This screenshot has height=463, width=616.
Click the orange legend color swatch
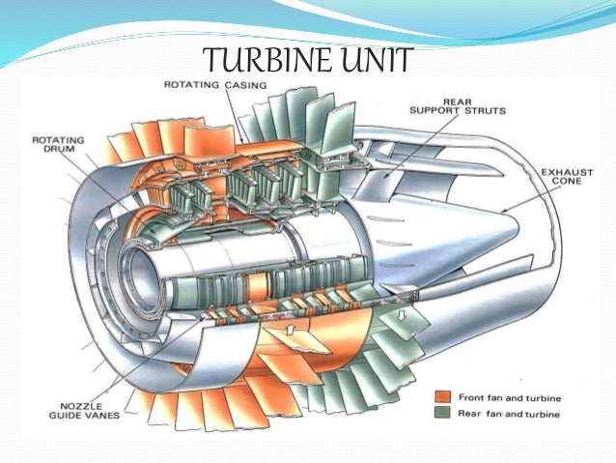(x=443, y=397)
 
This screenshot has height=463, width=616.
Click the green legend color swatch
(x=443, y=413)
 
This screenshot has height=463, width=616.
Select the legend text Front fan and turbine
(x=516, y=397)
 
